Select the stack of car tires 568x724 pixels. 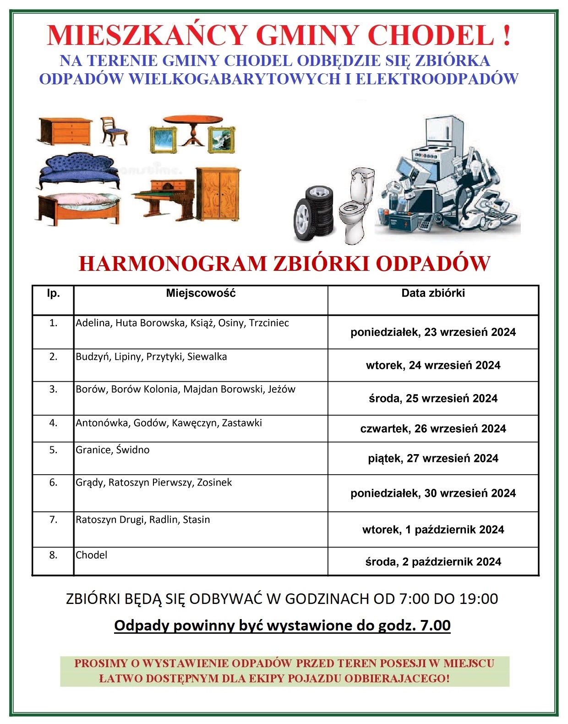tap(314, 213)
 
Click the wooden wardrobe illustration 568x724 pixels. tap(218, 193)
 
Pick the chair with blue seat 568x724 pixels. tap(113, 130)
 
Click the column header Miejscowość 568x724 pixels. tap(201, 293)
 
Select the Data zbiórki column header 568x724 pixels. tap(433, 293)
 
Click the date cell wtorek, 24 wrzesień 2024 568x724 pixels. tap(433, 365)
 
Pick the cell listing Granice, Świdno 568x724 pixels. tap(113, 450)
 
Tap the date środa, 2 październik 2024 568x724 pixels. tap(433, 562)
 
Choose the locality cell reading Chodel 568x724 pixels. tap(92, 555)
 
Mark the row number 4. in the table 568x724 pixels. tap(53, 423)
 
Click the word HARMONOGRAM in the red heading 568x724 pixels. tap(172, 264)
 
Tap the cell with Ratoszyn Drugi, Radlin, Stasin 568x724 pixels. tap(143, 520)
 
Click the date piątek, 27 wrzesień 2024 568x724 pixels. tap(433, 458)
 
